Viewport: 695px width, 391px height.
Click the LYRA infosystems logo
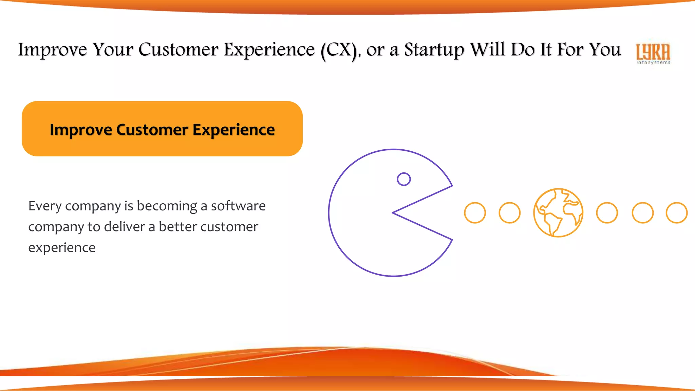[653, 53]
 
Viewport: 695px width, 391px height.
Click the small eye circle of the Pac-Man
[404, 179]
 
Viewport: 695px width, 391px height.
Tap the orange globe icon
[558, 213]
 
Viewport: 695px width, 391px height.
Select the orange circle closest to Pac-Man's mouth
[475, 213]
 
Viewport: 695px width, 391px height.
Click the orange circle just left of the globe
[509, 213]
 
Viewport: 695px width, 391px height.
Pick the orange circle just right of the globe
[607, 213]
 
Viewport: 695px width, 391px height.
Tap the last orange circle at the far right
[677, 213]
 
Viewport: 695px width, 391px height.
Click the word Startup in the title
[434, 50]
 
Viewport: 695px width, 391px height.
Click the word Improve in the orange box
[81, 130]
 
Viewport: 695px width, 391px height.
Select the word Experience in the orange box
[234, 130]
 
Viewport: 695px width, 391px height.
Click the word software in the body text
[238, 206]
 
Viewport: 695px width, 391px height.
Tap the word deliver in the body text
[124, 227]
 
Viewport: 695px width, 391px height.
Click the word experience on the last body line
[62, 248]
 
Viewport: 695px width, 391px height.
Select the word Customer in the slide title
[178, 50]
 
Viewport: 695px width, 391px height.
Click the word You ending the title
[604, 50]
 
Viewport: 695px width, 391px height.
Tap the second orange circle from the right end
[642, 213]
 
